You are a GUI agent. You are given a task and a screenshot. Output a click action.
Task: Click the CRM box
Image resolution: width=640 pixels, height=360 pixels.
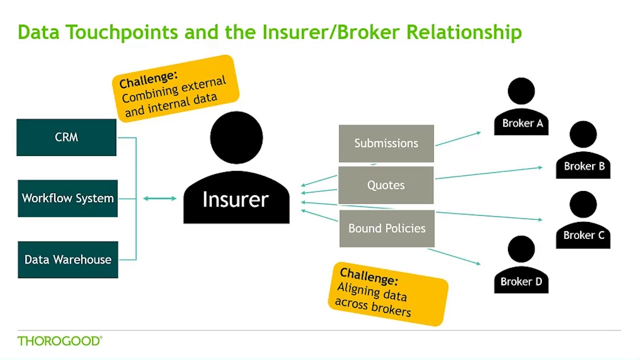coord(66,137)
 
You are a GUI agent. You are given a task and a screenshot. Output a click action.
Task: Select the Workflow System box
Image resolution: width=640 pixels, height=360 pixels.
coord(67,198)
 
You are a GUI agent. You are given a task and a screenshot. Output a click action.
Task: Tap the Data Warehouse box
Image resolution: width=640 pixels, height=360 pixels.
coord(67,259)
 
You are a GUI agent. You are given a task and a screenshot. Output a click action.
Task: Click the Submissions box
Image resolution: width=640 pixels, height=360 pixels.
coord(386,143)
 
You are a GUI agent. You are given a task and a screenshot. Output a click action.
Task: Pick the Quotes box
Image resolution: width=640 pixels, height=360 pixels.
coord(386,185)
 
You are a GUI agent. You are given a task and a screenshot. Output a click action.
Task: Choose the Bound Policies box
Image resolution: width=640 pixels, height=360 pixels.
coord(386,228)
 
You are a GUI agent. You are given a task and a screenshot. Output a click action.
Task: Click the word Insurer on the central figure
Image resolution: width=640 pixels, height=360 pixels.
coord(235,199)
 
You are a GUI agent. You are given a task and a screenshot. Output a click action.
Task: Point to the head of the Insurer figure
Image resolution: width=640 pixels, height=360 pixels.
coord(236,137)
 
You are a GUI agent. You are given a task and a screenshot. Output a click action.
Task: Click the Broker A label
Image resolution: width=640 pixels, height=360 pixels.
coord(522,123)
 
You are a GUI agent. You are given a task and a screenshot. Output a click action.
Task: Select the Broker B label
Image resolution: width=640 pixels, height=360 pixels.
coord(584,166)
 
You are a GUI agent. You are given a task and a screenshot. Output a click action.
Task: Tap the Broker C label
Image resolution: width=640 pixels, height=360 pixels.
coord(583,235)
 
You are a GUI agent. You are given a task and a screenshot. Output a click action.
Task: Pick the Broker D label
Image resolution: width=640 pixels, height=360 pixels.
coord(521,281)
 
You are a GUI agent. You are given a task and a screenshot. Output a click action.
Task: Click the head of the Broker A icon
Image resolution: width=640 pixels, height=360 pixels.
coord(521,91)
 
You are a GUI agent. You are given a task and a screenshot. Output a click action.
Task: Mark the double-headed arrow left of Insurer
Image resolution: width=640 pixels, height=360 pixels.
coord(159,198)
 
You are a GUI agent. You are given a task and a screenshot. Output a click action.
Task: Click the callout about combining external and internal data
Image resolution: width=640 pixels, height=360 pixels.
coord(175,88)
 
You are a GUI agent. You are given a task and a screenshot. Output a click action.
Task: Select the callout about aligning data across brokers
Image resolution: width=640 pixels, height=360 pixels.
coord(388,294)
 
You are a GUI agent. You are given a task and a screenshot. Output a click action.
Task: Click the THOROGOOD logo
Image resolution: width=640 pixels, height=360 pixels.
coord(59,341)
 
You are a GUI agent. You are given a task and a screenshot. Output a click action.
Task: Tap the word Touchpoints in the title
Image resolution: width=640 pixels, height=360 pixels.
coord(122,32)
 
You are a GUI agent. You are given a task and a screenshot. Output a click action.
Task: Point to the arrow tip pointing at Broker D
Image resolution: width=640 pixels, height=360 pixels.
coord(479,263)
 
